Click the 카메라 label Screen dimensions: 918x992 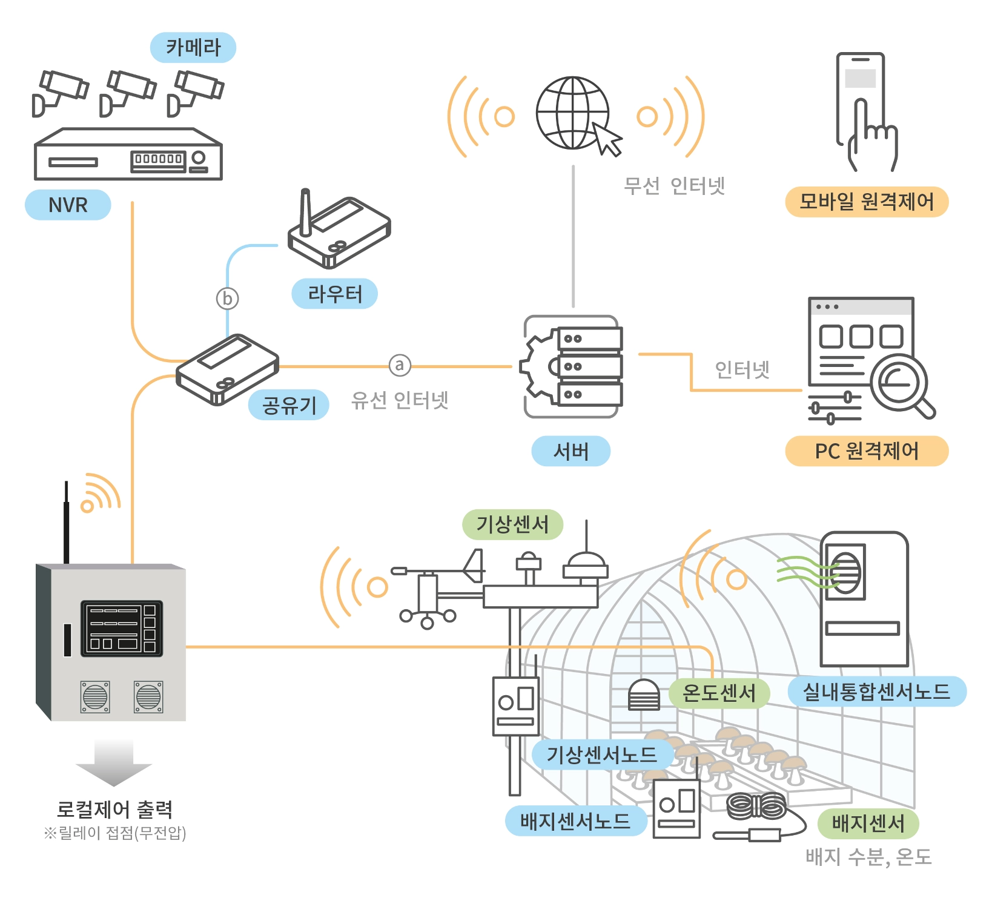193,47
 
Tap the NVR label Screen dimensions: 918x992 68,205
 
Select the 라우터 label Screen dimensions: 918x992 334,294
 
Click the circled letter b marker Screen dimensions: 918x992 228,299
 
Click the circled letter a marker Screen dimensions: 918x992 400,365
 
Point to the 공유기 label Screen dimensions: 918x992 289,405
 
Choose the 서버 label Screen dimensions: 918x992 570,451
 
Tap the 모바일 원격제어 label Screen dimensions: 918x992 866,202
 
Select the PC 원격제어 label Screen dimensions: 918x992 866,451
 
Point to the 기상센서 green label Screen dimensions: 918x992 512,524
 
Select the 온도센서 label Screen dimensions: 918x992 719,693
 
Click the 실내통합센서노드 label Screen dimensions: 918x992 876,692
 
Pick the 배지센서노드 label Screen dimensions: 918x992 575,821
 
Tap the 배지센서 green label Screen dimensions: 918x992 868,823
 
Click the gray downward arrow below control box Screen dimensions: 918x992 113,762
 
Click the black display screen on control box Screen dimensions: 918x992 121,628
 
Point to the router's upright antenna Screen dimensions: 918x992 306,212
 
